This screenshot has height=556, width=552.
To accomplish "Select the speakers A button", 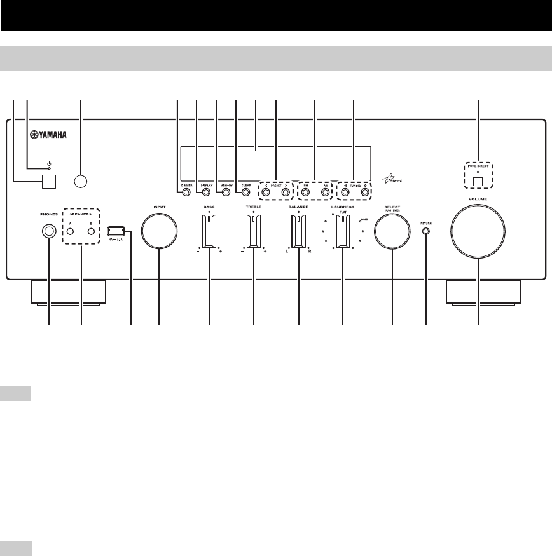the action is [71, 231].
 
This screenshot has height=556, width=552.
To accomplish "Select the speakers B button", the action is [92, 231].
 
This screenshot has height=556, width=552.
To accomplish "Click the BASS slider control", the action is [209, 229].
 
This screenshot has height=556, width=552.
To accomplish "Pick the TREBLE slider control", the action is [253, 229].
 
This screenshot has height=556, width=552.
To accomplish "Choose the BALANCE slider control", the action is [298, 229].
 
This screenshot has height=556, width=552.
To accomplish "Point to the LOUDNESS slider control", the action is [343, 229].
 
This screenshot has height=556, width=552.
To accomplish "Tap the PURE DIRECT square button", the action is [478, 180].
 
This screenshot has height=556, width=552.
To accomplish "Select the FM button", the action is [305, 191].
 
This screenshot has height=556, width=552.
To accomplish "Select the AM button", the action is [325, 191].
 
